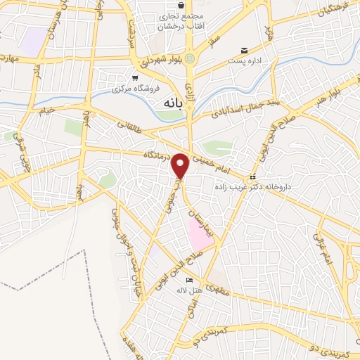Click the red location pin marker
click(x=181, y=166)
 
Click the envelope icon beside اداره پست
click(x=244, y=51)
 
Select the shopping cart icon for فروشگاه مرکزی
click(x=134, y=78)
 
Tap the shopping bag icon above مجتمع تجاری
click(x=181, y=5)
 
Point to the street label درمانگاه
click(x=156, y=153)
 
